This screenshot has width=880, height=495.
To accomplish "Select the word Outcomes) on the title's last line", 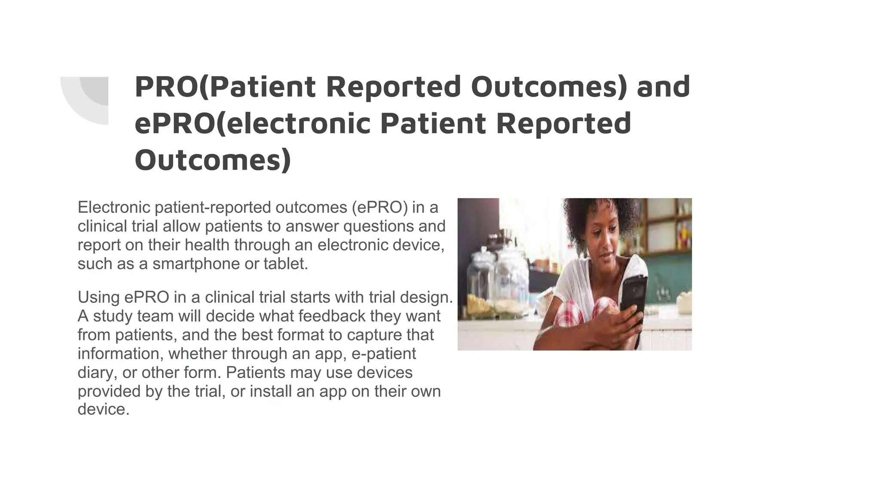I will pos(213,159).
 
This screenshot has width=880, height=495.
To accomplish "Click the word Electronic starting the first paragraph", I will pos(114,208).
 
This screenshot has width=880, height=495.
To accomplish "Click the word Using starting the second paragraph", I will pos(99,297).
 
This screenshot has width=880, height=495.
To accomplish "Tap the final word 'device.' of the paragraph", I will pos(103,409).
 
